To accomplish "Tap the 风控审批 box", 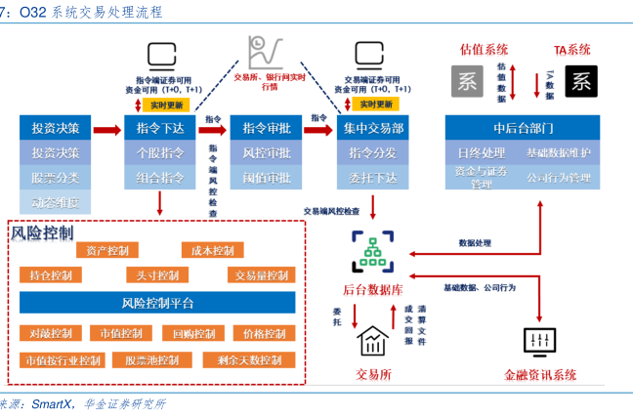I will tap(267, 152).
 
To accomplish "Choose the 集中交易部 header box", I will tap(372, 127).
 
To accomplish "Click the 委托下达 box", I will tap(372, 177).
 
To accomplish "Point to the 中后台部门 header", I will tap(524, 127).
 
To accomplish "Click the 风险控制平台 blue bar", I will tap(157, 302).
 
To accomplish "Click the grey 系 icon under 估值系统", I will tap(467, 81).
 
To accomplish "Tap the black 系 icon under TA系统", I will tap(580, 81).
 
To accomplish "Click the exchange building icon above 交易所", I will tap(372, 341).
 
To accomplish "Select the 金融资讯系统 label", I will tap(540, 374).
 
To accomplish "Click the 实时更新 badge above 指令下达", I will tap(160, 104).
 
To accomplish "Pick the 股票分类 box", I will tap(56, 177).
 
